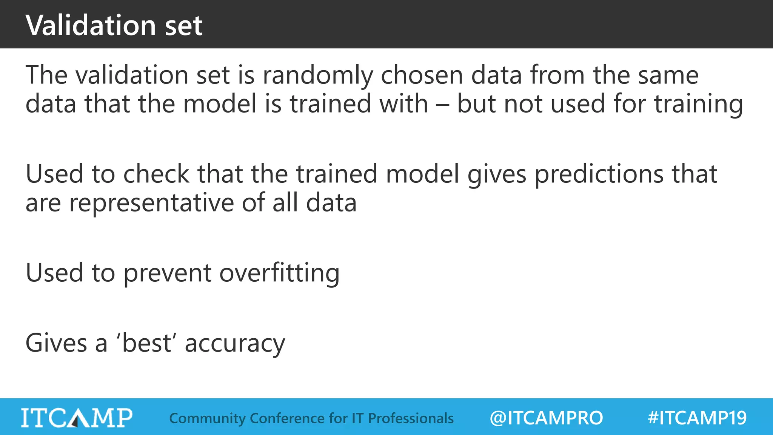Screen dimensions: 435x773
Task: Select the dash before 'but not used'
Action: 442,104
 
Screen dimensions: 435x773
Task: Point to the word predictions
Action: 599,174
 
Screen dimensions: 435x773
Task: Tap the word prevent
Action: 167,273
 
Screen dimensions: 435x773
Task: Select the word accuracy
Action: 235,344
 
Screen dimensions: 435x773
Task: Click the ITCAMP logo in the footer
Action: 77,418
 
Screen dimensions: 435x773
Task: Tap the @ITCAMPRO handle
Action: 546,418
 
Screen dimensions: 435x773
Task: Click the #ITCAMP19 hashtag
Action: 697,418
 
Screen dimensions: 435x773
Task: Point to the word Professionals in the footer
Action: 411,418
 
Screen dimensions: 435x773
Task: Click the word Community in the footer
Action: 207,418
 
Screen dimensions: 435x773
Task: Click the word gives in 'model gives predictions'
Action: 497,174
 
